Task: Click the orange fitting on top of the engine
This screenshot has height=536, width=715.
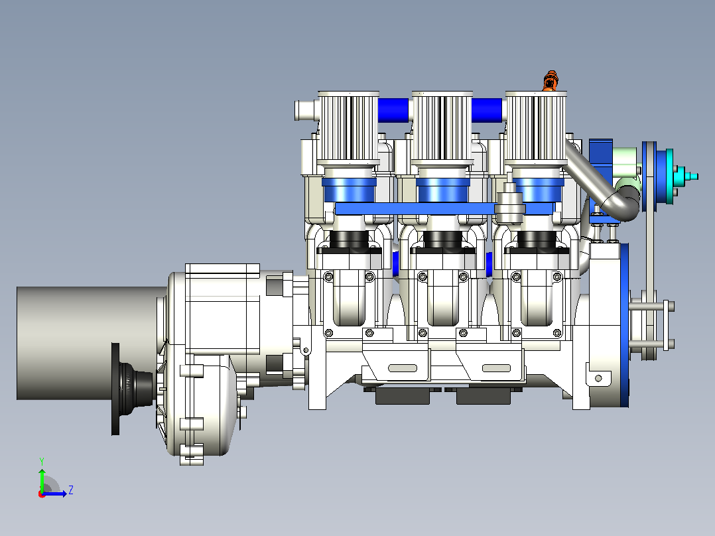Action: pos(551,81)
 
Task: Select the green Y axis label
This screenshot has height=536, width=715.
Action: pos(42,461)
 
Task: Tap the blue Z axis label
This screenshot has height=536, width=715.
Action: pos(71,490)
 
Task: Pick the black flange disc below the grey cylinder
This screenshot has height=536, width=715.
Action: pos(115,389)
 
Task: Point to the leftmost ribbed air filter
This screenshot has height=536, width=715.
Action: pos(349,128)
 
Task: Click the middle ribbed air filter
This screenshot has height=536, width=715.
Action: pos(442,128)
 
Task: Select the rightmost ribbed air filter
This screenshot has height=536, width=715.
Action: pos(536,128)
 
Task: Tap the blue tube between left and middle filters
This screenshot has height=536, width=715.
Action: pos(393,110)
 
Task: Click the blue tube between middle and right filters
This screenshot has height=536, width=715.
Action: pos(487,110)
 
